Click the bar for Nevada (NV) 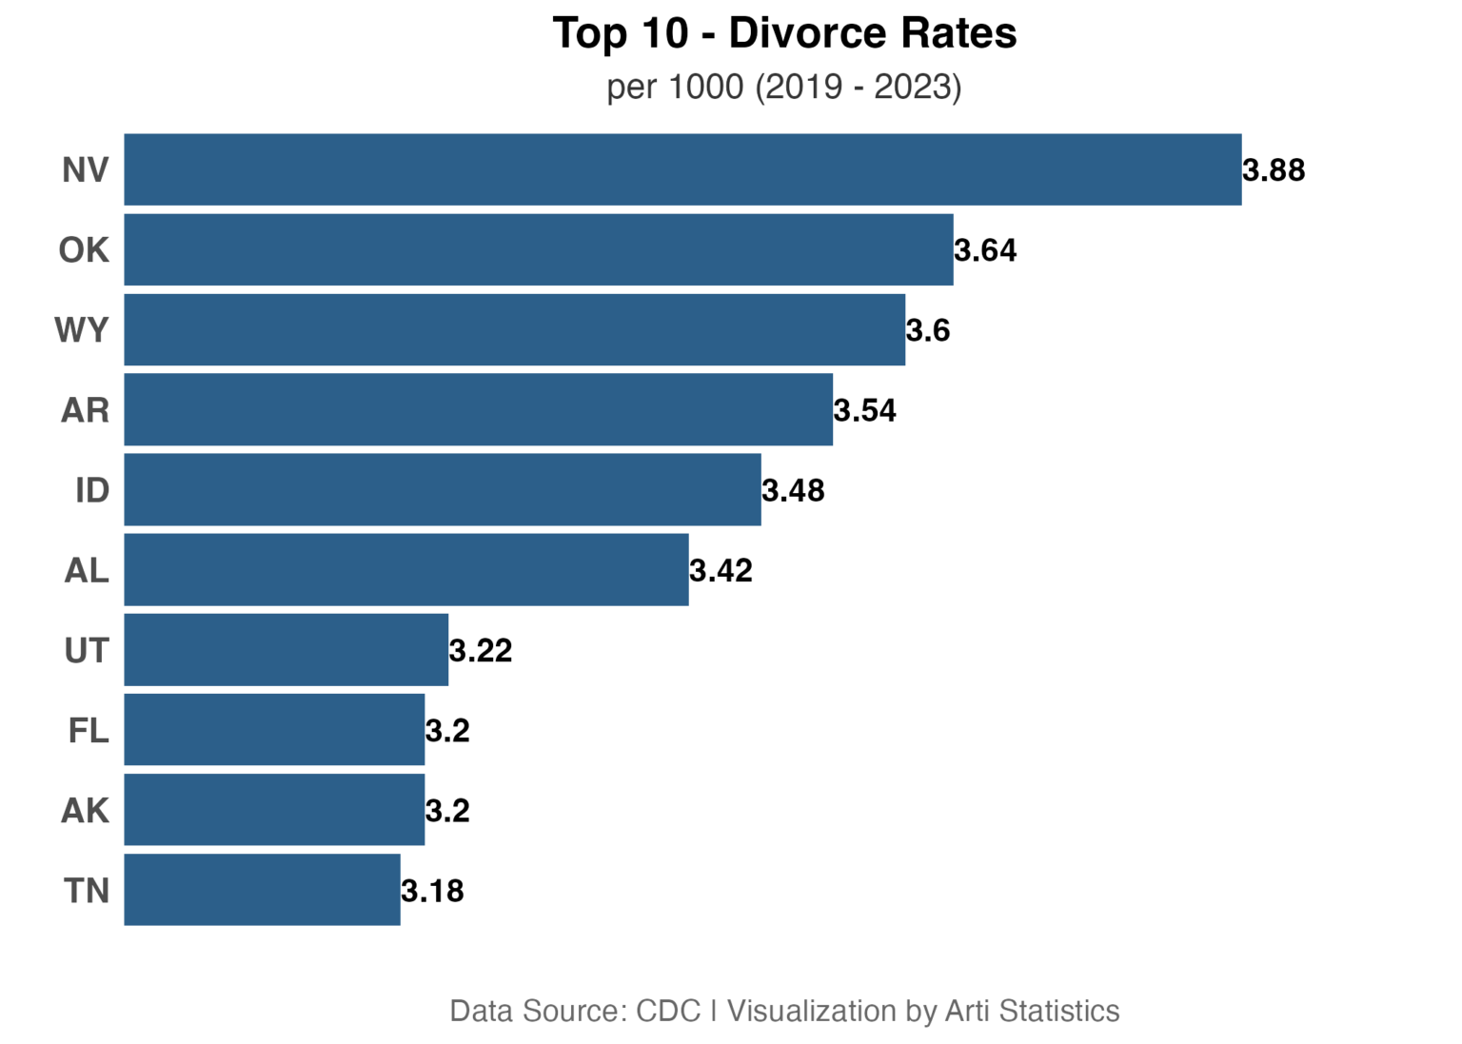point(682,169)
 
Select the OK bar point(539,250)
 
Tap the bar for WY point(514,329)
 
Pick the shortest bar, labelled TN point(262,890)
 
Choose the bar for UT point(286,650)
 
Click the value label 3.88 point(1274,170)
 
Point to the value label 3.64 point(985,250)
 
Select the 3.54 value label point(865,410)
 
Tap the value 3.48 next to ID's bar point(793,491)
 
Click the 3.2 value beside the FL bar point(447,730)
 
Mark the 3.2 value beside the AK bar point(447,811)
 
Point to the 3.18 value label point(432,891)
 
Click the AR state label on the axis point(85,410)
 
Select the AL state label point(87,570)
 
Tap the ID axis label point(92,490)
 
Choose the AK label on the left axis point(85,811)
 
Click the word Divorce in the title point(808,32)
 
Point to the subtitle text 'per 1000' point(675,87)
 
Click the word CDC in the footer point(668,1011)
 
